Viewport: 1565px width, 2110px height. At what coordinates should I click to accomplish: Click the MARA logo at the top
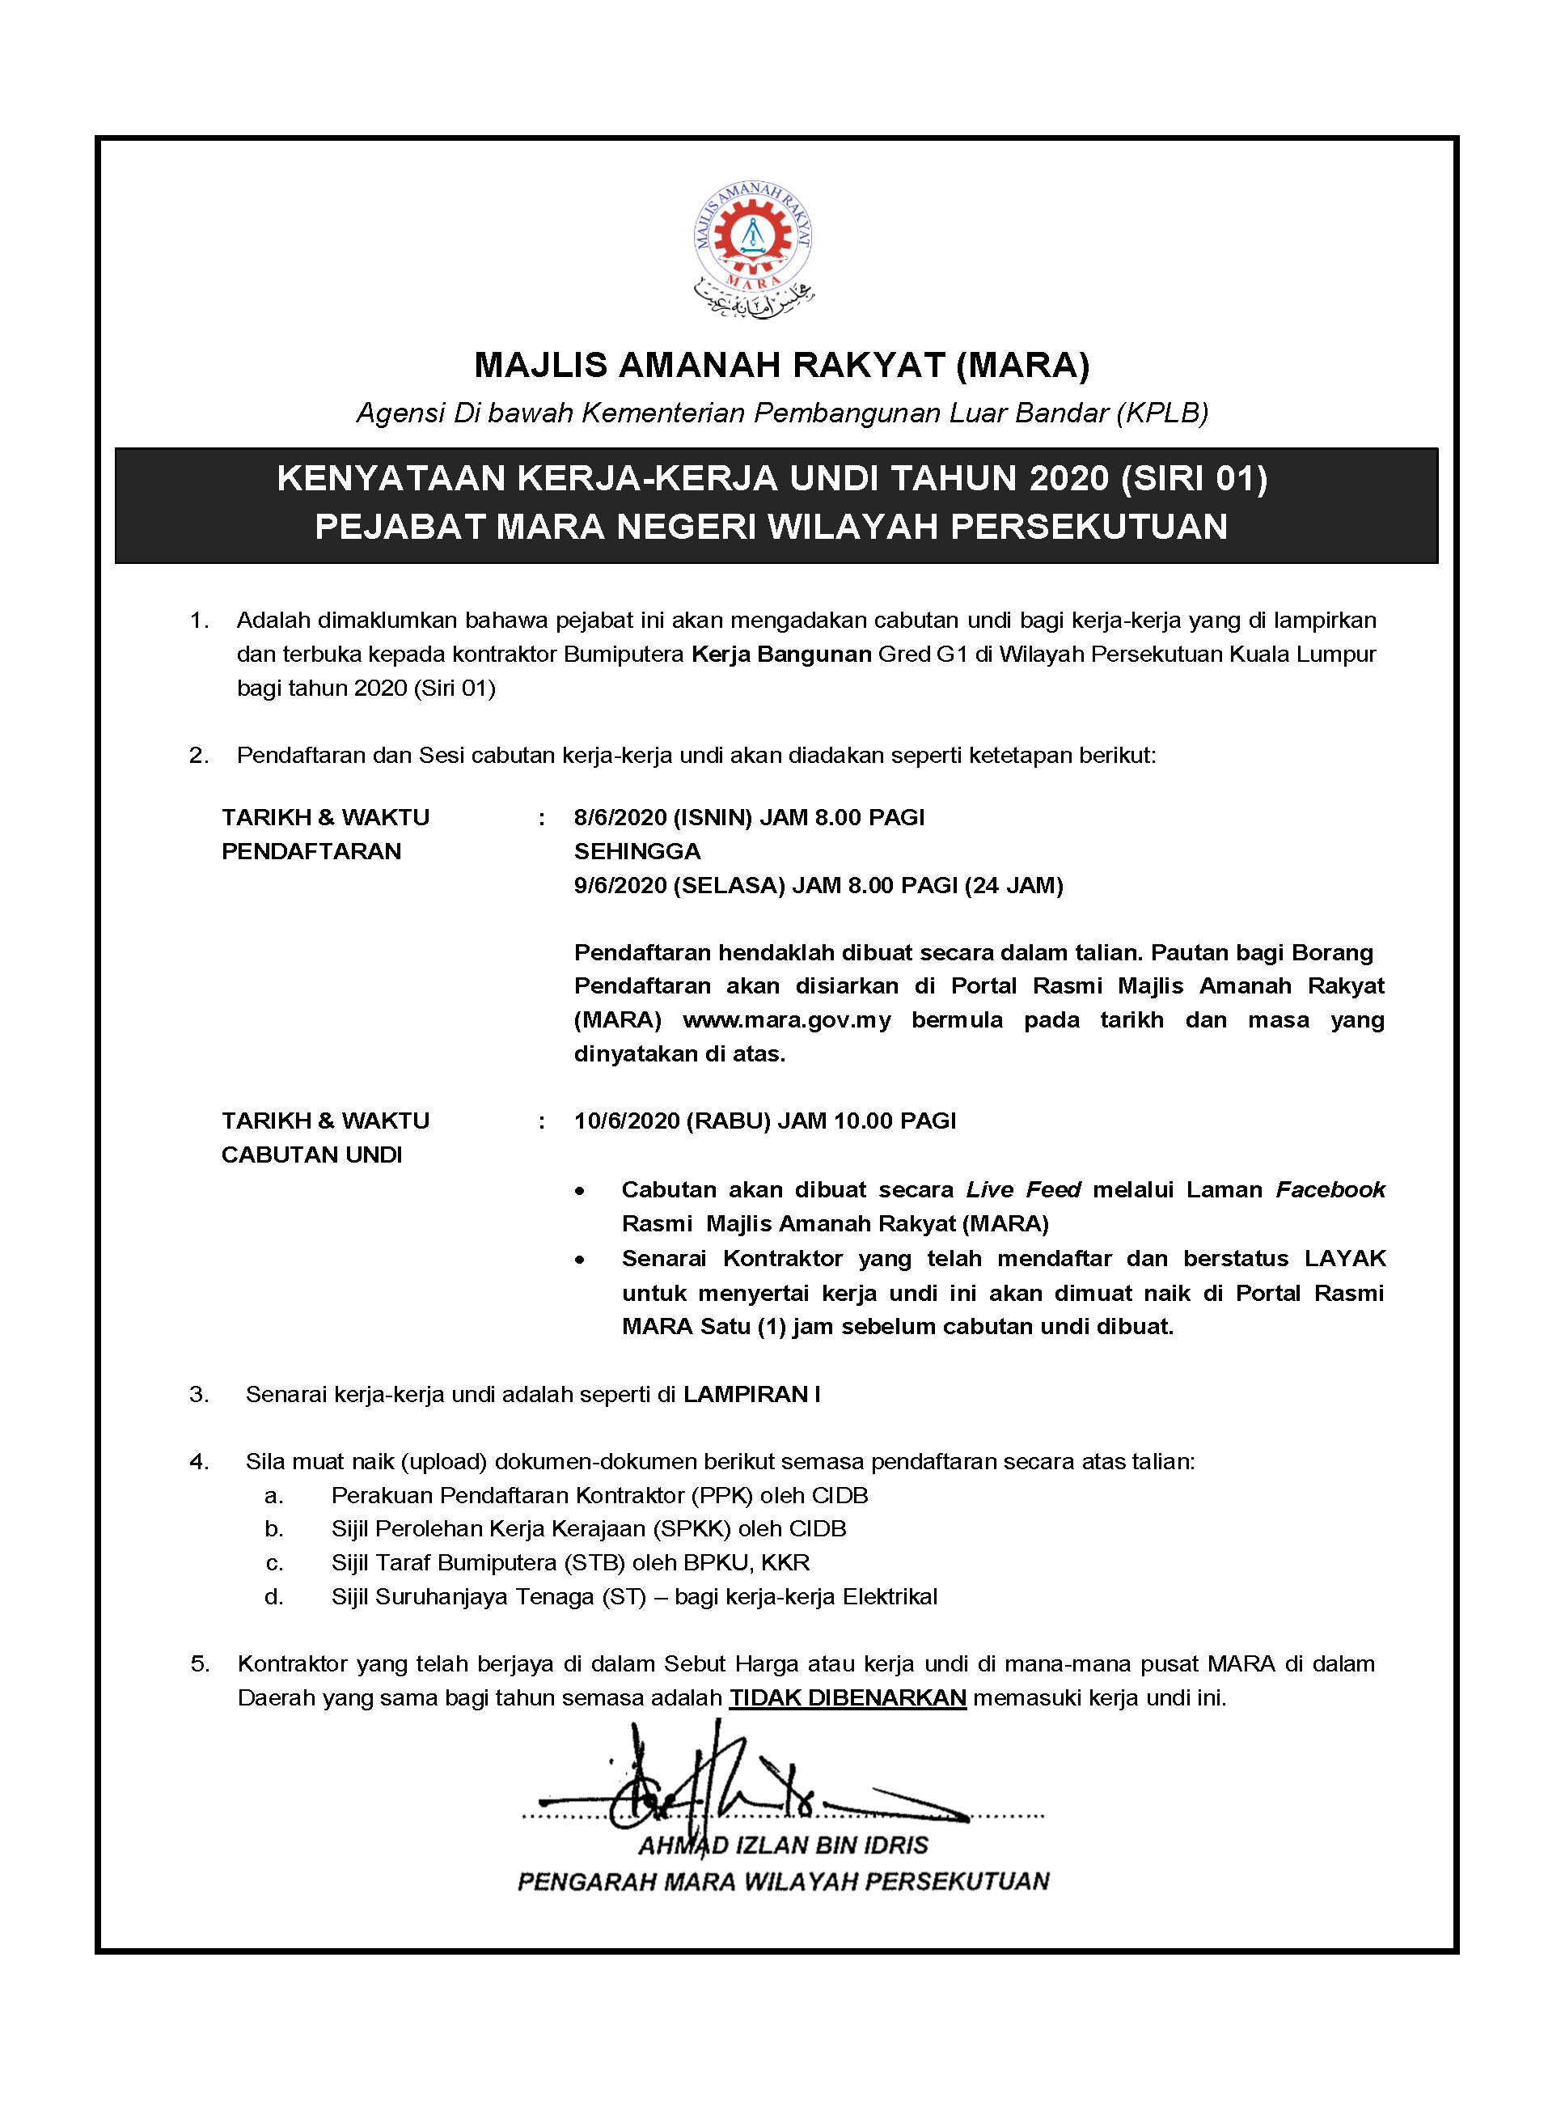coord(753,248)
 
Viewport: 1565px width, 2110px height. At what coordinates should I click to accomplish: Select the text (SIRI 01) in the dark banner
coord(1194,478)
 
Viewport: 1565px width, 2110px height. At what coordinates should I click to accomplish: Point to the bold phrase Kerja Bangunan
coord(780,654)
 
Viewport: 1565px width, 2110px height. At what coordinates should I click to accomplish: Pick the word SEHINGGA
coord(637,851)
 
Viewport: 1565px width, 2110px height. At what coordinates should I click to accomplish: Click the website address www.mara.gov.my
coord(786,1019)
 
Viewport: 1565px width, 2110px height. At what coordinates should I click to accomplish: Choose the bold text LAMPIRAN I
coord(751,1394)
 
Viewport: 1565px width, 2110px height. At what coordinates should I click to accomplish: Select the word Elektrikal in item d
coord(890,1596)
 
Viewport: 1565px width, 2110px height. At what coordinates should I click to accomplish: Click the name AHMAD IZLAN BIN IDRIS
coord(783,1845)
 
